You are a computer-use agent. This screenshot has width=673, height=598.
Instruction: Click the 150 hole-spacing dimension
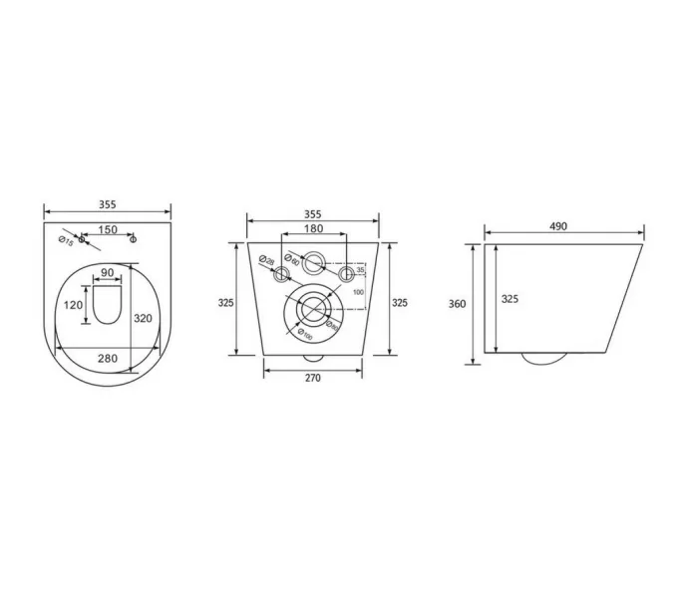point(108,230)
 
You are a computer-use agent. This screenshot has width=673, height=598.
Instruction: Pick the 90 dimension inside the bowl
point(107,273)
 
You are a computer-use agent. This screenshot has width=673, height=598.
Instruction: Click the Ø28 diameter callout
point(266,261)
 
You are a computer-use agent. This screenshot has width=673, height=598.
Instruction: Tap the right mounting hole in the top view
point(135,240)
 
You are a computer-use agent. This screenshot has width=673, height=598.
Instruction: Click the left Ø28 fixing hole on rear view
point(282,273)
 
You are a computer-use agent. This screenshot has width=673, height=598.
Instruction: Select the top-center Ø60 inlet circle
point(313,263)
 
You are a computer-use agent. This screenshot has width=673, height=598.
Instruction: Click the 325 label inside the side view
point(508,298)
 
